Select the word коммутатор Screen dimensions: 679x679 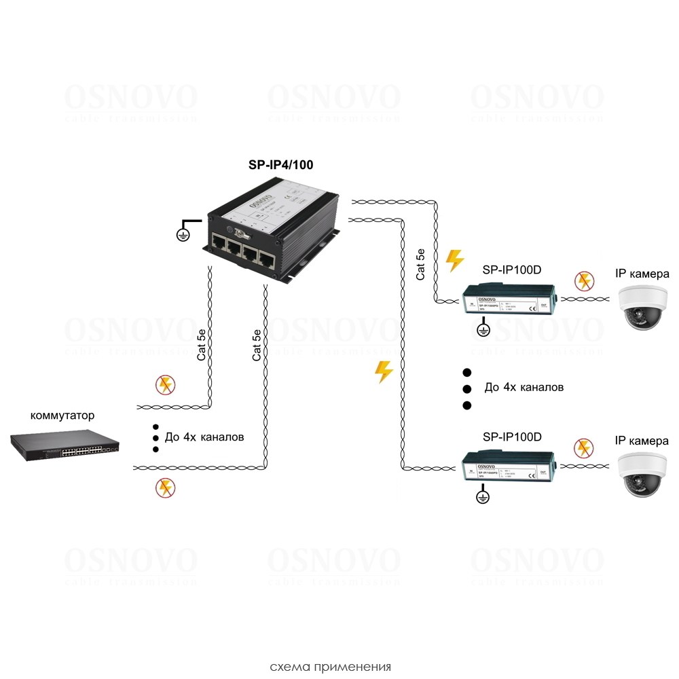click(x=62, y=416)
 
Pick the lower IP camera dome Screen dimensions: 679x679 click(x=642, y=473)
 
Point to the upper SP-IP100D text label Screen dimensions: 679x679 click(x=511, y=270)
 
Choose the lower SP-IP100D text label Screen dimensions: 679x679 click(x=511, y=437)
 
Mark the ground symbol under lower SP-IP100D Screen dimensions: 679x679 click(x=483, y=498)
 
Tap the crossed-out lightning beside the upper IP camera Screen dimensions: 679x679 click(x=583, y=280)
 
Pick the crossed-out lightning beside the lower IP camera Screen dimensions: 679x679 click(x=583, y=447)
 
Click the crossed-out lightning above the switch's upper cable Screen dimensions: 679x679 click(x=164, y=385)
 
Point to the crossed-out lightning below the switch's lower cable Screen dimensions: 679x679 click(x=164, y=487)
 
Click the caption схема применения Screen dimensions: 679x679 click(x=330, y=666)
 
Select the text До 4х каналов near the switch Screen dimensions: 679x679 click(x=204, y=437)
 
